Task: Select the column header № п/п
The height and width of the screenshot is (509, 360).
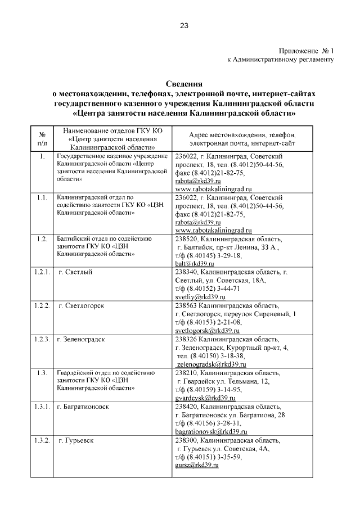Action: pyautogui.click(x=42, y=139)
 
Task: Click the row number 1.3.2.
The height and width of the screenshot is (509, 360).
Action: pyautogui.click(x=41, y=440)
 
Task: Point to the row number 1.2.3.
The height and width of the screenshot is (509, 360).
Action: pyautogui.click(x=41, y=339)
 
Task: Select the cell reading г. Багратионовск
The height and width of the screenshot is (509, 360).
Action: pyautogui.click(x=83, y=407)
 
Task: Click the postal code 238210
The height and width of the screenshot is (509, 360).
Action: pyautogui.click(x=187, y=373)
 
